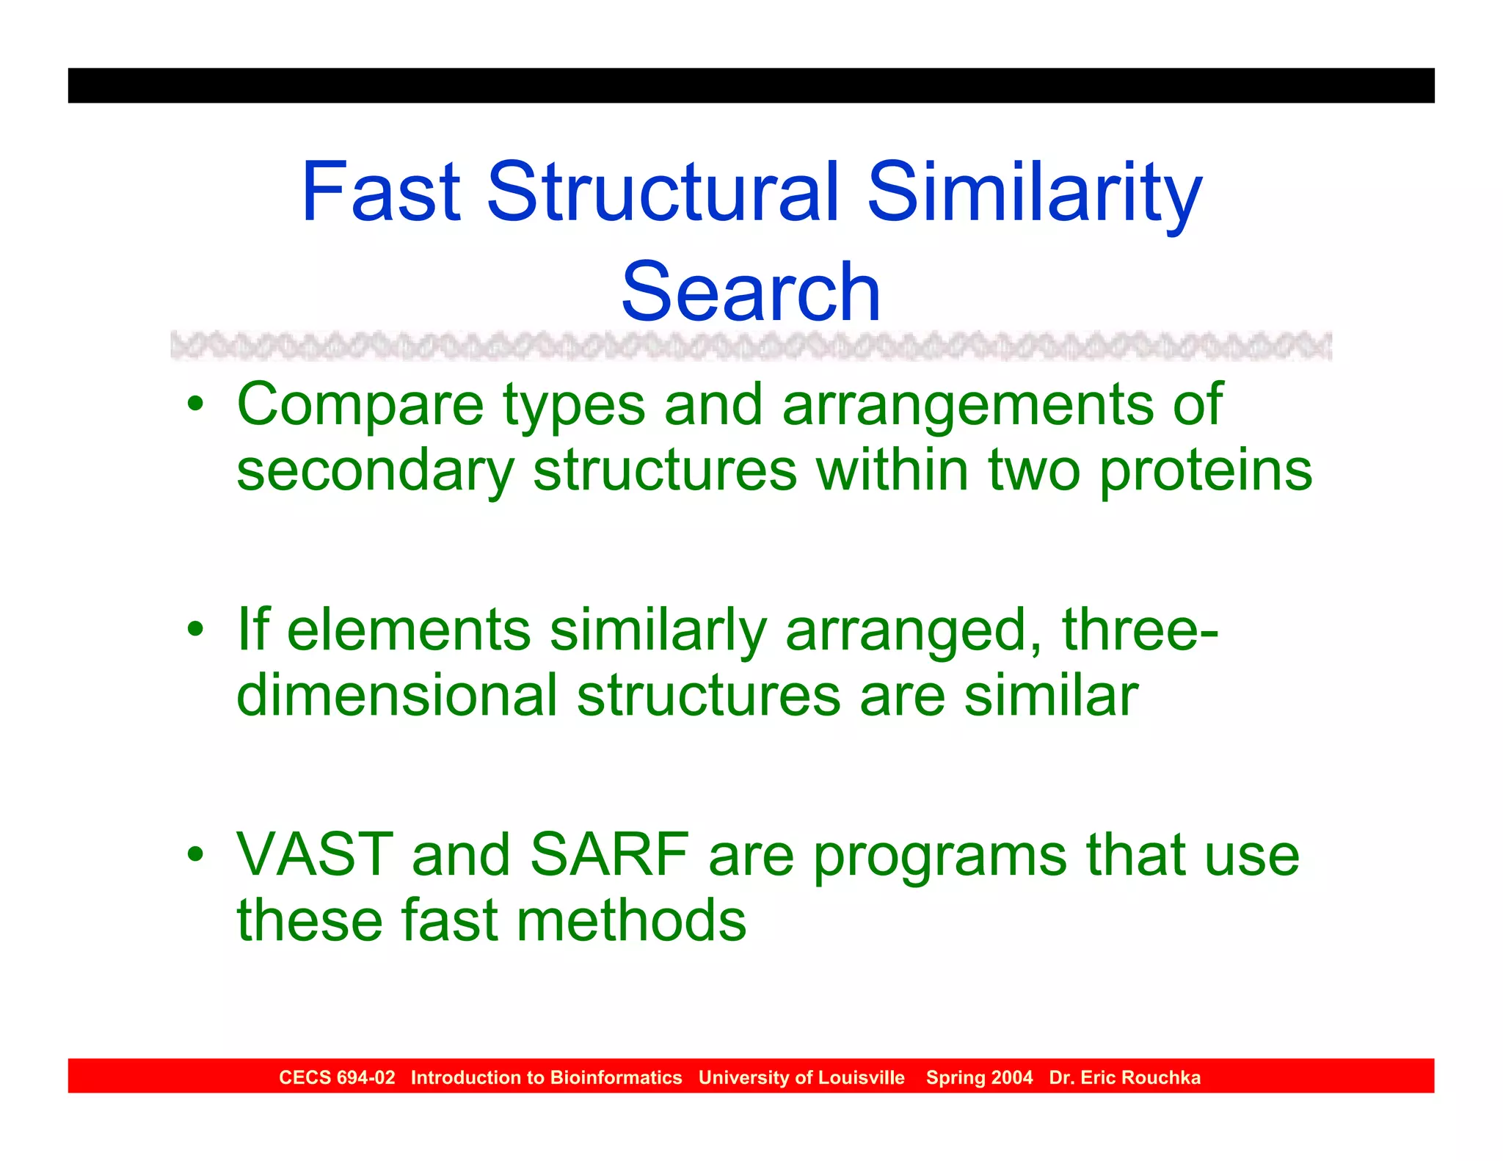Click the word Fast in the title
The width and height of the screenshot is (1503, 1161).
coord(380,192)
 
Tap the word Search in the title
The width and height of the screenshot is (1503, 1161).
coord(750,292)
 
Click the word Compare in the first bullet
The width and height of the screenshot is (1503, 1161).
coord(360,406)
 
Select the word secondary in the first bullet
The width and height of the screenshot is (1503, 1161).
coord(375,471)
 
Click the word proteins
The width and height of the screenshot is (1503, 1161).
coord(1206,471)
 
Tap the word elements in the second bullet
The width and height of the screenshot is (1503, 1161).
coord(408,630)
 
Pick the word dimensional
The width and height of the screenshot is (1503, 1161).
coord(396,696)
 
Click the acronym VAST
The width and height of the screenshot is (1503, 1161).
coord(315,855)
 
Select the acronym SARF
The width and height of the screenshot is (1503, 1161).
coord(609,855)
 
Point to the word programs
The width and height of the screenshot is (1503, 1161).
coord(940,856)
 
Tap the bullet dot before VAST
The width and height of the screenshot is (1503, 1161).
coord(194,854)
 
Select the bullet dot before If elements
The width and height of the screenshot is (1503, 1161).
coord(194,629)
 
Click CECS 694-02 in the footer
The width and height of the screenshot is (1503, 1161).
coord(337,1077)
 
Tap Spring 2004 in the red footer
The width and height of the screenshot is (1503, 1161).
coord(979,1077)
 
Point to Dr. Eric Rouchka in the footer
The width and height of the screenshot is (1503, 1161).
coord(1124,1077)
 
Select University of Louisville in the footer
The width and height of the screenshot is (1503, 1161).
coord(801,1077)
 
